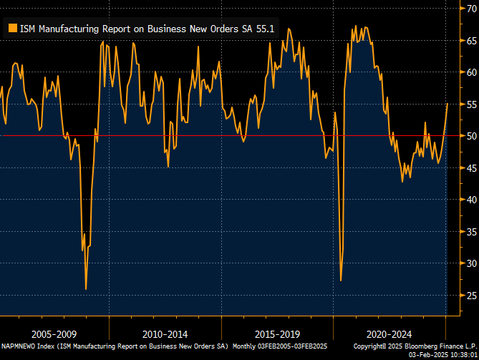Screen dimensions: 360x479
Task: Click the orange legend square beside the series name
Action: [11, 29]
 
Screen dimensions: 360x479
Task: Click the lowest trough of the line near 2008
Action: [86, 289]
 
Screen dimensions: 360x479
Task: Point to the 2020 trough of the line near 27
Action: [341, 280]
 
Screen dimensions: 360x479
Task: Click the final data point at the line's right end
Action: [447, 104]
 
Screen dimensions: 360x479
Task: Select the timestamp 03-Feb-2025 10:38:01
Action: [442, 354]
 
